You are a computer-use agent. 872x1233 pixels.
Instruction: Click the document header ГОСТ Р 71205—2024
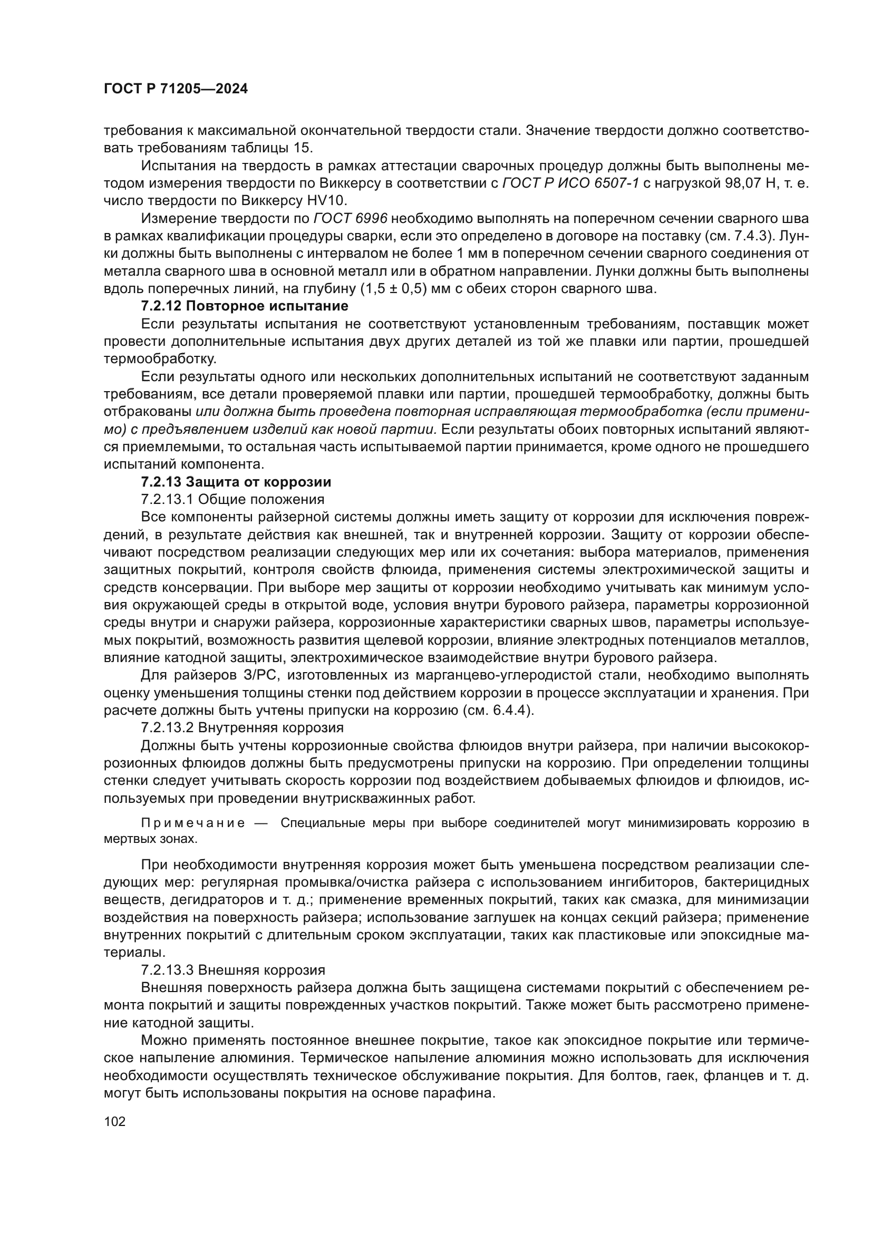(176, 89)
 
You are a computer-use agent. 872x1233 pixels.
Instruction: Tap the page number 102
(114, 1121)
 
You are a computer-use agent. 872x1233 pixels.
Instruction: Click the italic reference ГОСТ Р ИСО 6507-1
(570, 183)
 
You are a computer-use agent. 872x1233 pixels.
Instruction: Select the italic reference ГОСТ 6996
(350, 219)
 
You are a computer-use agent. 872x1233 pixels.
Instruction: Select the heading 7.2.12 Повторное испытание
(244, 306)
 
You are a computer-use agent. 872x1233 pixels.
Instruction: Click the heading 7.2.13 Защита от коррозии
(236, 482)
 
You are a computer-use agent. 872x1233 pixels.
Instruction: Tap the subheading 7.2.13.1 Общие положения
(232, 499)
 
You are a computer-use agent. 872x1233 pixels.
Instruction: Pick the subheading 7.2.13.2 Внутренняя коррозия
(242, 727)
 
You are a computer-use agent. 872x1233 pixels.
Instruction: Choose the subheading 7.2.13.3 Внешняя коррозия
(233, 970)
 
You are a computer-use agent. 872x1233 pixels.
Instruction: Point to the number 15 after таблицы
(303, 148)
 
